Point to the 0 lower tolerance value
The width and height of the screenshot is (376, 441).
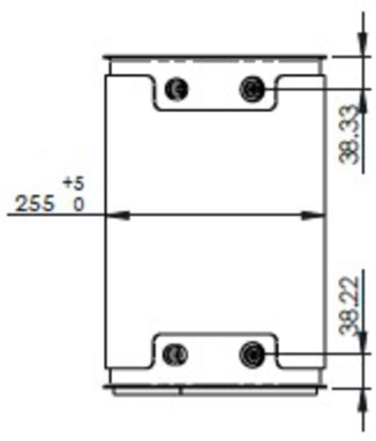click(x=78, y=205)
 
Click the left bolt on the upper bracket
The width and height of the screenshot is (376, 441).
click(x=177, y=88)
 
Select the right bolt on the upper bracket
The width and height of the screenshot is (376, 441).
click(x=253, y=87)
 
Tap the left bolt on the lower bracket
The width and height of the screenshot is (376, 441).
click(x=177, y=355)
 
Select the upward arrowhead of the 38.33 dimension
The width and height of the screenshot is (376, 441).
click(x=361, y=95)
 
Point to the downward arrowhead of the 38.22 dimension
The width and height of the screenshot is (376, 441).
click(x=361, y=348)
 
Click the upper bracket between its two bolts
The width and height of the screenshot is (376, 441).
click(x=215, y=93)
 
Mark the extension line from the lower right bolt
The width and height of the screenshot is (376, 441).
click(x=318, y=355)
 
